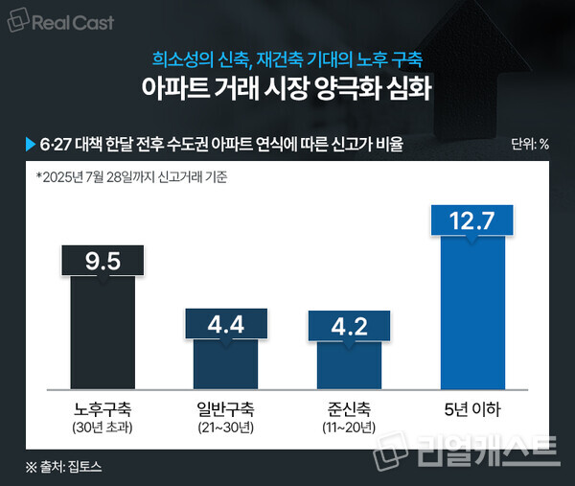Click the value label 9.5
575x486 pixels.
pyautogui.click(x=103, y=262)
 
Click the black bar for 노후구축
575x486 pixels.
pyautogui.click(x=103, y=336)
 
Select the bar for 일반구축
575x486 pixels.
pyautogui.click(x=225, y=364)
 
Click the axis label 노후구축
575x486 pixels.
pyautogui.click(x=103, y=408)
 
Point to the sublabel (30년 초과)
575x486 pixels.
pyautogui.click(x=103, y=427)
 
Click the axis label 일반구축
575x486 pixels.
pyautogui.click(x=225, y=408)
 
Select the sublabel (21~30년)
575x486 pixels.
pyautogui.click(x=225, y=427)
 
